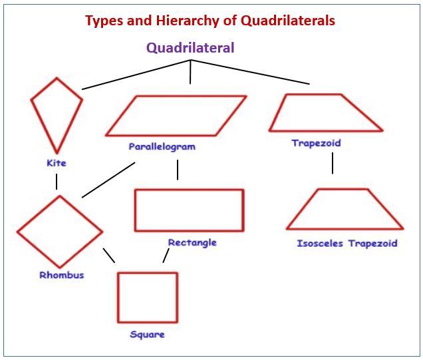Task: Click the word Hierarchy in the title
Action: tap(188, 21)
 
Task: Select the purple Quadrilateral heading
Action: tap(190, 48)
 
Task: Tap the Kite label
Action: tap(57, 163)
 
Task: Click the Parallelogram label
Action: tap(162, 147)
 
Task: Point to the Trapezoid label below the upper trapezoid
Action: tap(316, 143)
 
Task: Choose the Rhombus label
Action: tap(62, 275)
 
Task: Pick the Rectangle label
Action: tap(192, 243)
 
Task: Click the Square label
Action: tap(147, 335)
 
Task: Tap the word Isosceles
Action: tap(320, 244)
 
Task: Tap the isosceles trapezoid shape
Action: tap(345, 229)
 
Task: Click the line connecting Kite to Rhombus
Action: tap(57, 182)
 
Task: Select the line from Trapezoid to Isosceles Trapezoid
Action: tap(333, 163)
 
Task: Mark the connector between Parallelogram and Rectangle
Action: tap(178, 170)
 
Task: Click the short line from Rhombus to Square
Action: tap(108, 256)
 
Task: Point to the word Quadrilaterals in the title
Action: tap(288, 21)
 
